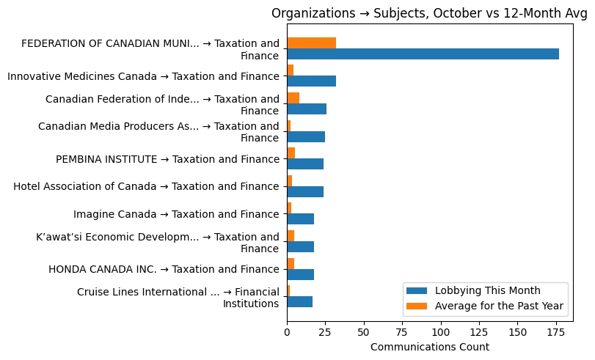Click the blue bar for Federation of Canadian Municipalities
(423, 54)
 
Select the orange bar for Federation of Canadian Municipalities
(311, 43)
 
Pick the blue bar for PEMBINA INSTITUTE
(305, 164)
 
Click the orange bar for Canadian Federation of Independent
(293, 98)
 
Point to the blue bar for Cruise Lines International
(299, 302)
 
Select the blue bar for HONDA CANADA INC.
(300, 274)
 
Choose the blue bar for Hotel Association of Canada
(305, 192)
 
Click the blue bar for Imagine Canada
(300, 219)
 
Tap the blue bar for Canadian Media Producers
(306, 136)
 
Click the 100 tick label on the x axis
(440, 332)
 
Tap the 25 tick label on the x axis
(325, 332)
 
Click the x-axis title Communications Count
(430, 347)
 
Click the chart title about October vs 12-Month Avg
(429, 13)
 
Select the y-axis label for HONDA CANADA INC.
(164, 269)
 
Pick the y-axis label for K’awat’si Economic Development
(158, 243)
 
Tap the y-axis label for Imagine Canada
(176, 214)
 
